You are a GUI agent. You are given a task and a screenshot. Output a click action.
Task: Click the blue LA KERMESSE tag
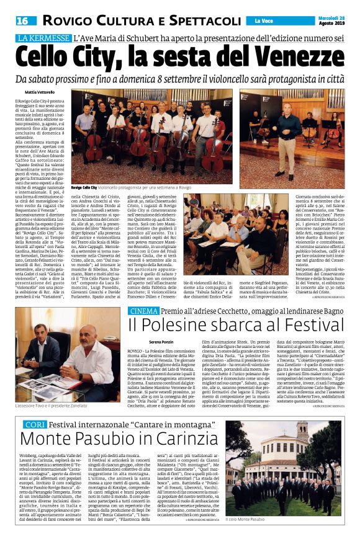point(42,39)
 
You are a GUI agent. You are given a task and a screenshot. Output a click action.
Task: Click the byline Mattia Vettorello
point(35,92)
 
